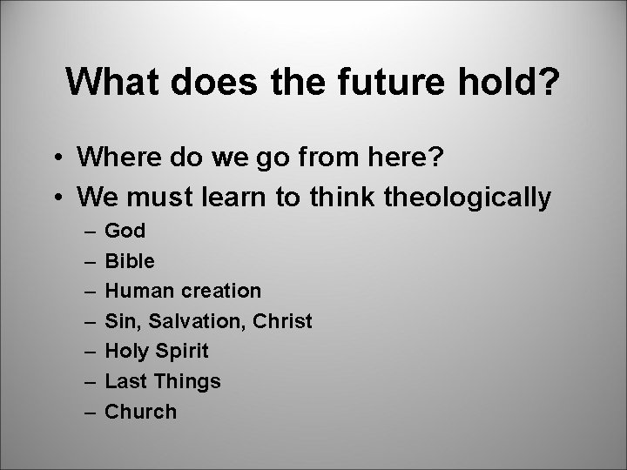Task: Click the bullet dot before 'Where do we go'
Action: click(x=54, y=158)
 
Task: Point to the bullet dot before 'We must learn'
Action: click(x=54, y=198)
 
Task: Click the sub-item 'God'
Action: click(x=125, y=231)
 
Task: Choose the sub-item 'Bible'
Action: click(x=130, y=260)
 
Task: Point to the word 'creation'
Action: click(x=220, y=291)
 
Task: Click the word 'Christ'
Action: click(x=282, y=321)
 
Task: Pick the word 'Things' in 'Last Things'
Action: click(x=187, y=381)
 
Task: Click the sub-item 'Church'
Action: click(x=140, y=412)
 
